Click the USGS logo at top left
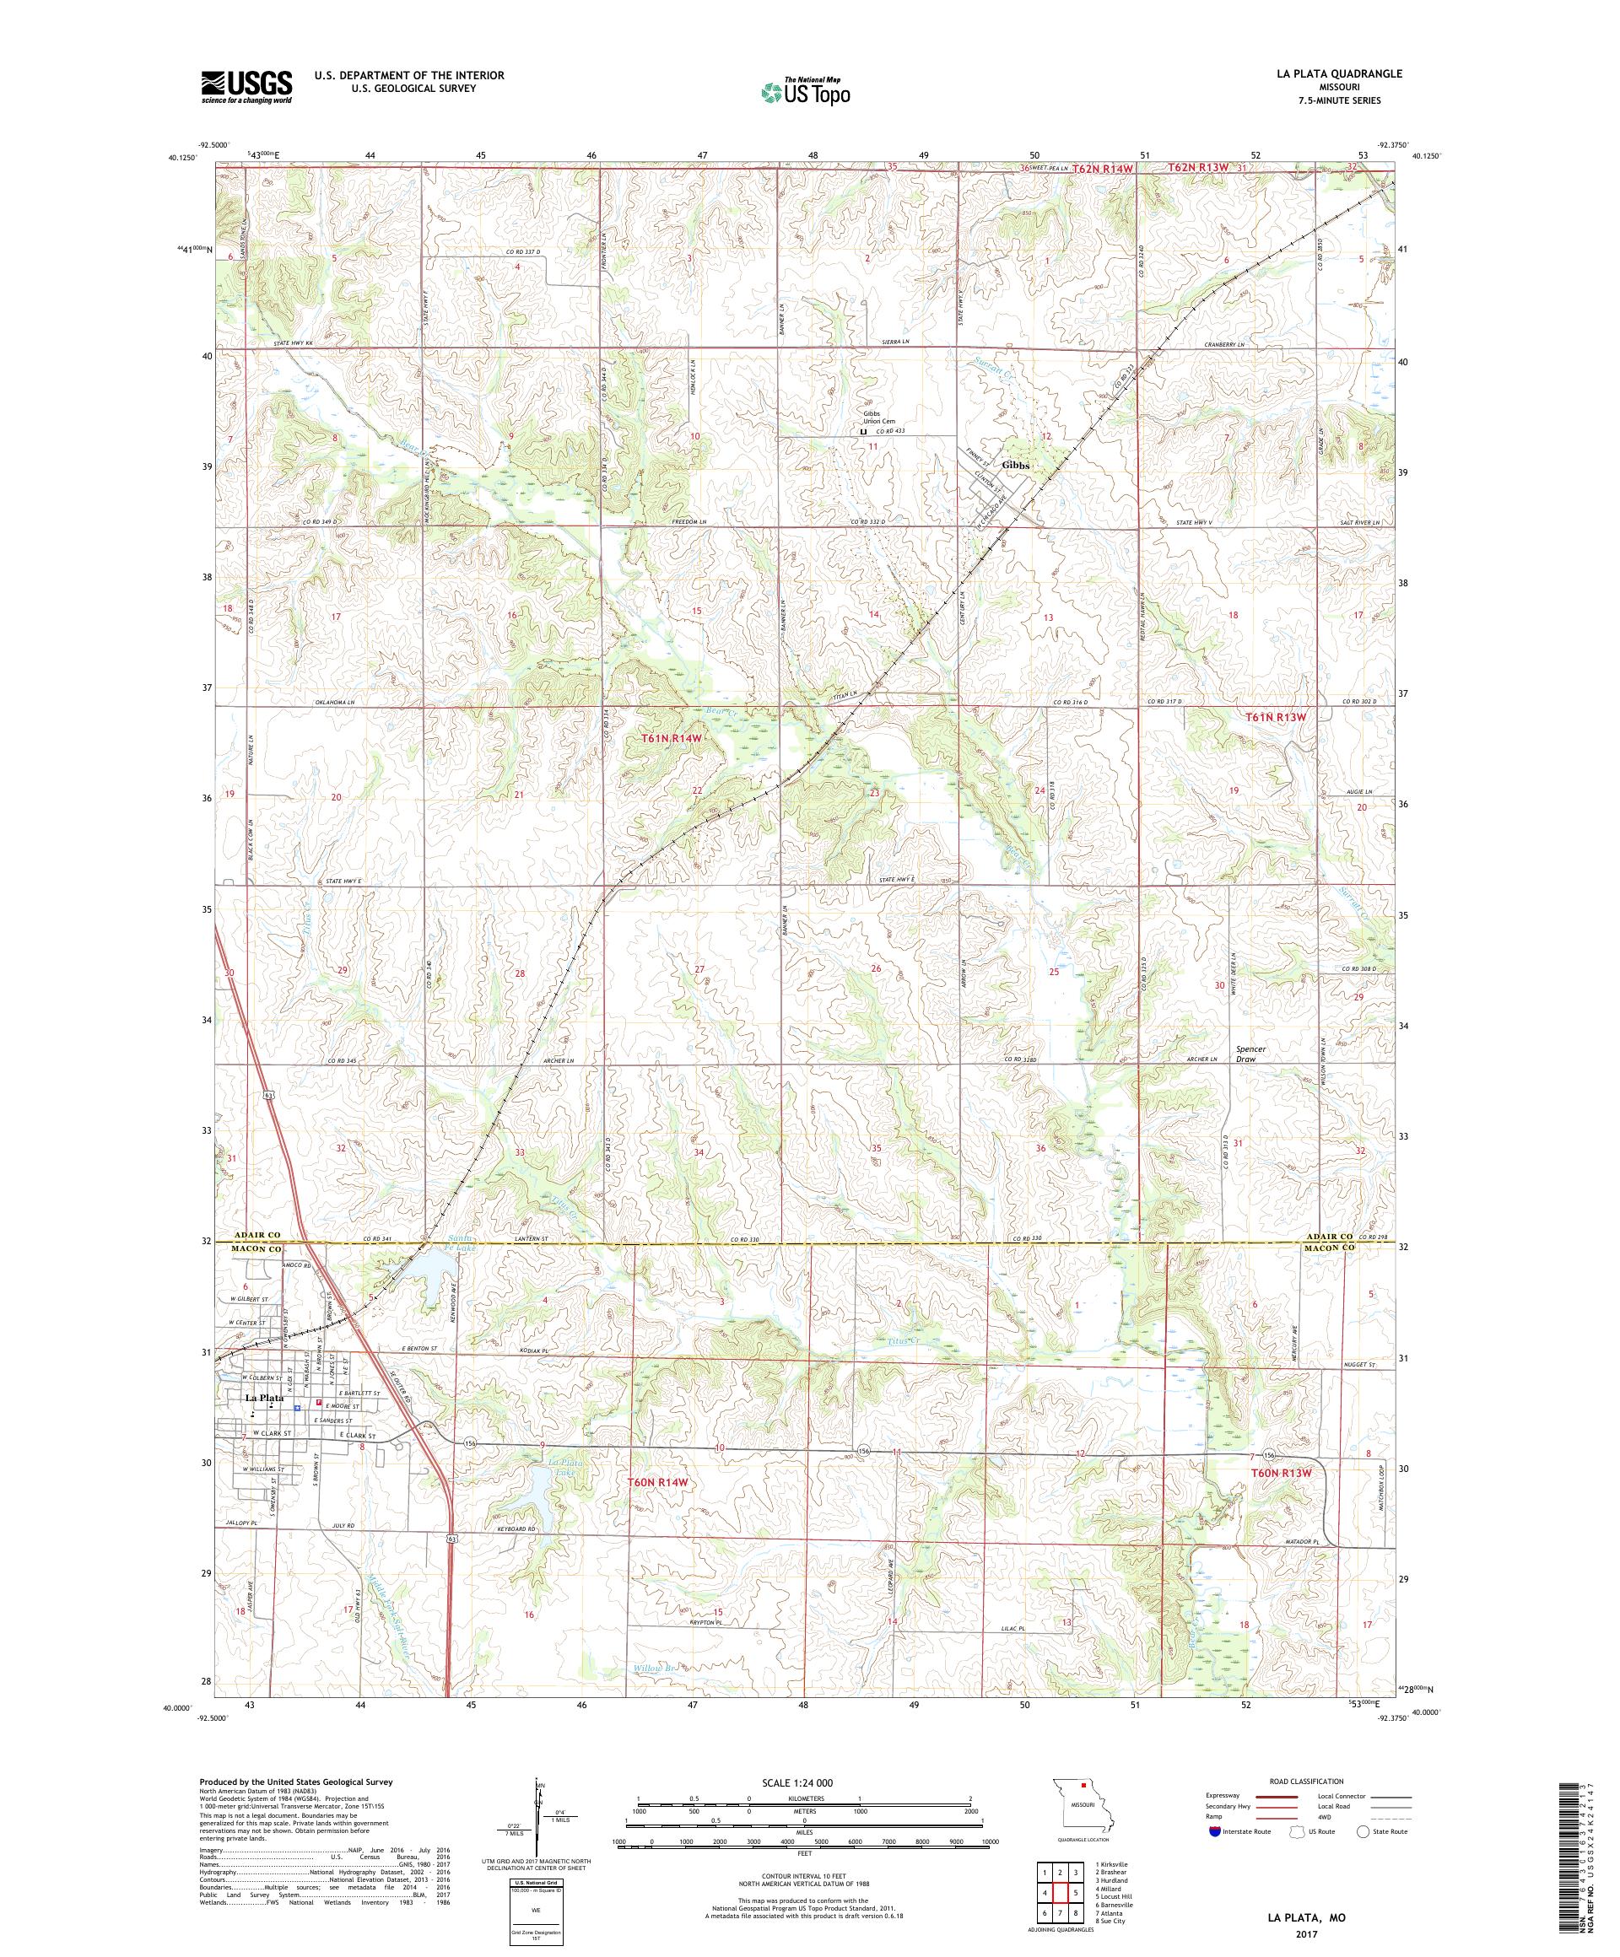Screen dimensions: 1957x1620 (x=246, y=88)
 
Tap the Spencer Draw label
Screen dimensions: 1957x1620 (x=1251, y=1053)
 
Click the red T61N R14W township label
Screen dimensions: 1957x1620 (x=670, y=737)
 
